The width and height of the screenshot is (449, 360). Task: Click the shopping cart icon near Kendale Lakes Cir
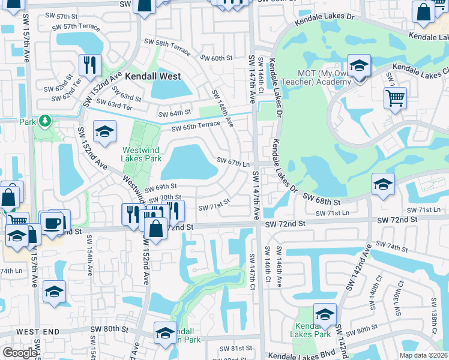(x=395, y=98)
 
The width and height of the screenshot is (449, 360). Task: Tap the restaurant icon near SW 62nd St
(x=90, y=65)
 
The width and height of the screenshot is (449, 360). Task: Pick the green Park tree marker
(x=45, y=121)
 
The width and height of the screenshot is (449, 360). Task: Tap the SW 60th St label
(x=216, y=58)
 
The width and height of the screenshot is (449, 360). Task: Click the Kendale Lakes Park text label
(x=310, y=329)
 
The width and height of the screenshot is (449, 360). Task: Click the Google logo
(x=19, y=353)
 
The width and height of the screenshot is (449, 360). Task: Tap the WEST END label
(x=38, y=331)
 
